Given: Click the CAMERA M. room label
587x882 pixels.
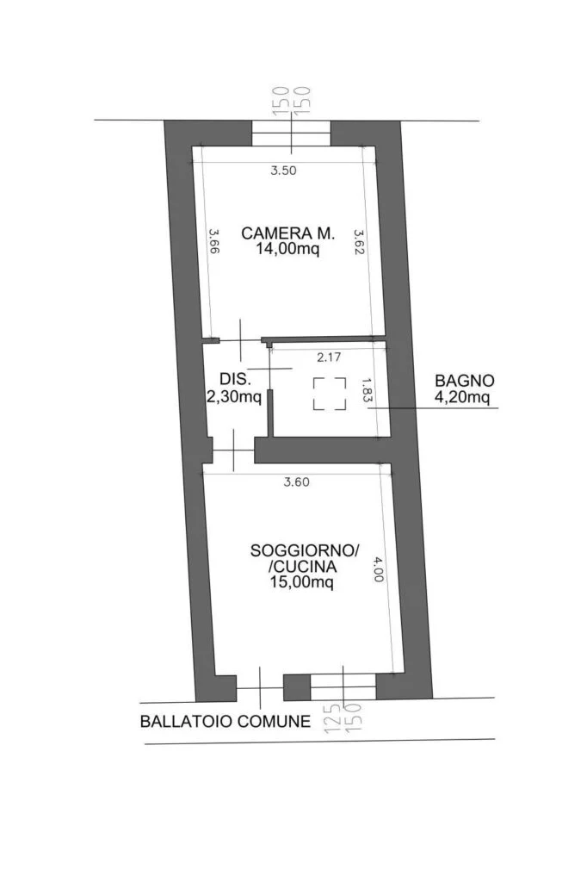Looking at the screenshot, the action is pyautogui.click(x=287, y=233).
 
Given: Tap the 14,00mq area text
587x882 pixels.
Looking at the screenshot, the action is pyautogui.click(x=287, y=249).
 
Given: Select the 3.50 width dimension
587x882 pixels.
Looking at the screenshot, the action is pyautogui.click(x=283, y=171).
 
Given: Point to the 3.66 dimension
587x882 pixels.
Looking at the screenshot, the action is pyautogui.click(x=213, y=241).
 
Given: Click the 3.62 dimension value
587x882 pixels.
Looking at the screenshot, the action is pyautogui.click(x=359, y=241).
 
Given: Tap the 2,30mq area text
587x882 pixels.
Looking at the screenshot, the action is pyautogui.click(x=234, y=397).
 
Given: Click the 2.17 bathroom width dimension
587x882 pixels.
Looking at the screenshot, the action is pyautogui.click(x=329, y=357).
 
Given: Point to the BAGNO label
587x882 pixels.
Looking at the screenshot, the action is pyautogui.click(x=465, y=380).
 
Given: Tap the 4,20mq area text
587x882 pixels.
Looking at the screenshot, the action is pyautogui.click(x=462, y=397).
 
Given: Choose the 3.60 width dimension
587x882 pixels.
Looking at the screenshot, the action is pyautogui.click(x=296, y=482).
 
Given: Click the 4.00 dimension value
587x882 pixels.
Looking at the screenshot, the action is pyautogui.click(x=378, y=568).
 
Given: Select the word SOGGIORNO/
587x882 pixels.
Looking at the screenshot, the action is pyautogui.click(x=304, y=550).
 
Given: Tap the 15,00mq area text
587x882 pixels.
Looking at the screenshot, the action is pyautogui.click(x=302, y=582).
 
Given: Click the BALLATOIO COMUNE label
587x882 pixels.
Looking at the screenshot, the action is pyautogui.click(x=226, y=721).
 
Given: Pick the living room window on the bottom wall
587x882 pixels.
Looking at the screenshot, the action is pyautogui.click(x=343, y=686).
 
